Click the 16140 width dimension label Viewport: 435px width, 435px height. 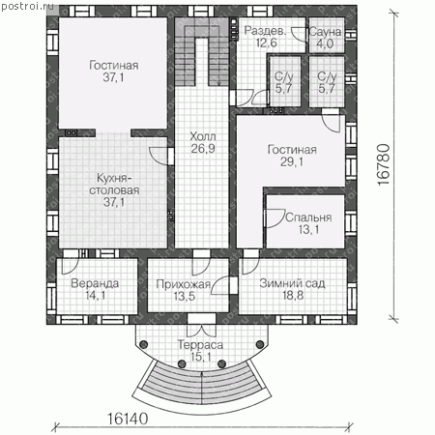[128, 419]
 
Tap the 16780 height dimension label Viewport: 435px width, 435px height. [384, 164]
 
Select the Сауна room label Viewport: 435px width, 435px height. [325, 32]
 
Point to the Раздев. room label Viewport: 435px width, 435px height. [265, 31]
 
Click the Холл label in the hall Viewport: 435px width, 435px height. [203, 136]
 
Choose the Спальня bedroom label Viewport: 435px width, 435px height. [308, 217]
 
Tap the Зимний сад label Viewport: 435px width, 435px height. [293, 283]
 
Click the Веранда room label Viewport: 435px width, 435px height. [95, 283]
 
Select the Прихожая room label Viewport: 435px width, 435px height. [184, 284]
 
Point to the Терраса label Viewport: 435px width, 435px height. [200, 345]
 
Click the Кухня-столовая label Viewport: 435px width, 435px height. [114, 184]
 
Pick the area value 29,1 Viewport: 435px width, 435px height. [292, 161]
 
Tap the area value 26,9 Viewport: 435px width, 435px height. [203, 149]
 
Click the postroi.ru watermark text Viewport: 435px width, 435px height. [24, 7]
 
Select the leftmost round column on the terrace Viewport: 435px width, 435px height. [144, 344]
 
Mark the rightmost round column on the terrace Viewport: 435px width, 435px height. [260, 344]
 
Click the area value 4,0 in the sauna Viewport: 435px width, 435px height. [325, 43]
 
